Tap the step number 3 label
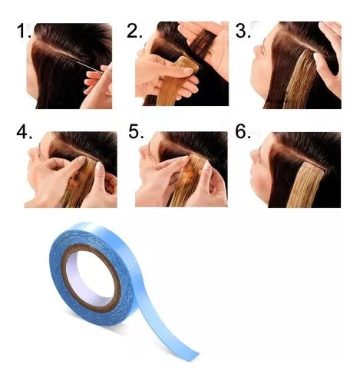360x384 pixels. (243, 32)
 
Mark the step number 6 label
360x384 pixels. (243, 132)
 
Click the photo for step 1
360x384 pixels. (69, 65)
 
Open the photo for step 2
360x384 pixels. (181, 65)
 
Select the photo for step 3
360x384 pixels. (296, 65)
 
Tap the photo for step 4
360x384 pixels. (71, 169)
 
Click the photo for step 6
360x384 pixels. (296, 169)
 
